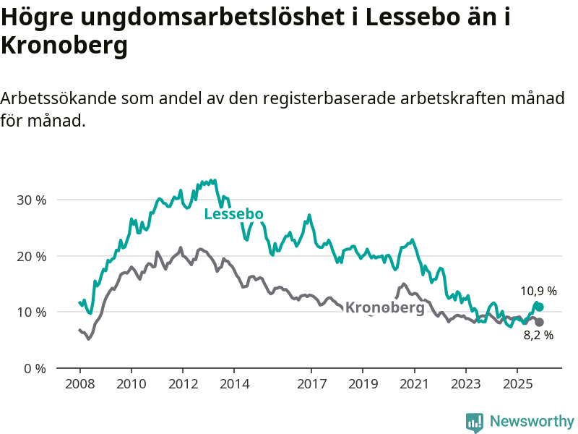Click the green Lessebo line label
pyautogui.click(x=233, y=214)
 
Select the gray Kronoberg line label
pyautogui.click(x=384, y=307)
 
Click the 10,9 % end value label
pyautogui.click(x=538, y=292)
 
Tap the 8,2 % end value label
pyautogui.click(x=538, y=335)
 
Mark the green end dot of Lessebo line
pyautogui.click(x=539, y=307)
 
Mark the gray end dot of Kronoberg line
pyautogui.click(x=539, y=322)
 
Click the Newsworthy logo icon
pyautogui.click(x=475, y=422)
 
